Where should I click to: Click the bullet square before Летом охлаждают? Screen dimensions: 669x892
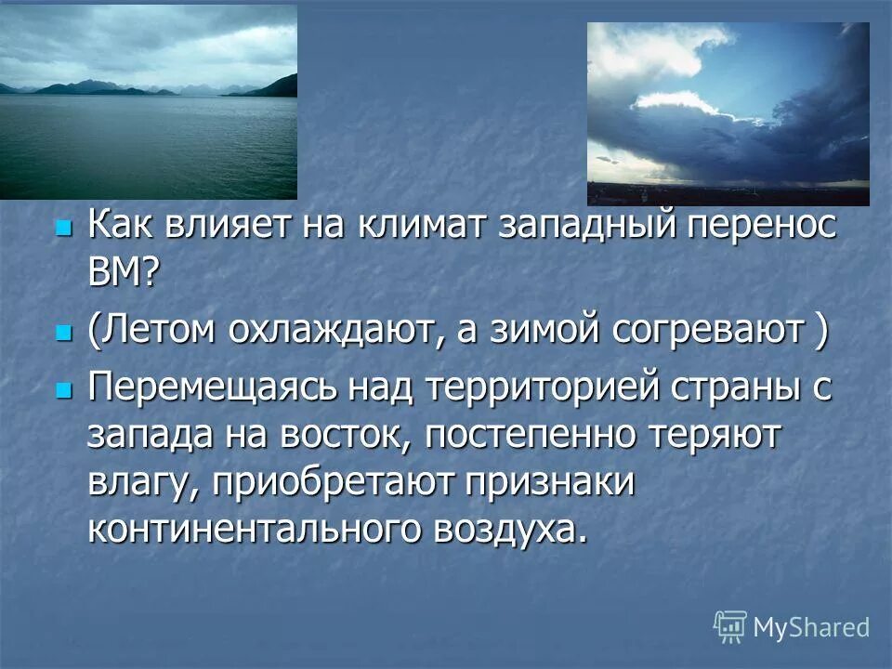(62, 332)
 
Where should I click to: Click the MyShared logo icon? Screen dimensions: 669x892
(729, 626)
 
